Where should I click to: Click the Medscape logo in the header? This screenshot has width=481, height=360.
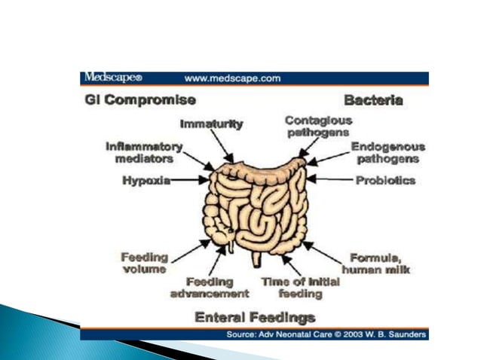112,78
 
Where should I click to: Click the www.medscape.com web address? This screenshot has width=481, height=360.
232,78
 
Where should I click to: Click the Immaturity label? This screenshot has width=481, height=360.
211,124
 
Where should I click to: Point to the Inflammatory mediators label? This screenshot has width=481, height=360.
144,152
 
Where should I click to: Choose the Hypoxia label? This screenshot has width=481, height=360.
146,181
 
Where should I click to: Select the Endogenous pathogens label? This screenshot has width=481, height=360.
388,153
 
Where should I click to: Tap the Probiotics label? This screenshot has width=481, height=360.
384,181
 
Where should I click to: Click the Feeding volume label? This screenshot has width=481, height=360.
145,263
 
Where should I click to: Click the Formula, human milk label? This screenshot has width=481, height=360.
375,263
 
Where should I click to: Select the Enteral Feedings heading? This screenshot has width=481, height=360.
255,317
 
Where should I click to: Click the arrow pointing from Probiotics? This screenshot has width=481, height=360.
330,181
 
